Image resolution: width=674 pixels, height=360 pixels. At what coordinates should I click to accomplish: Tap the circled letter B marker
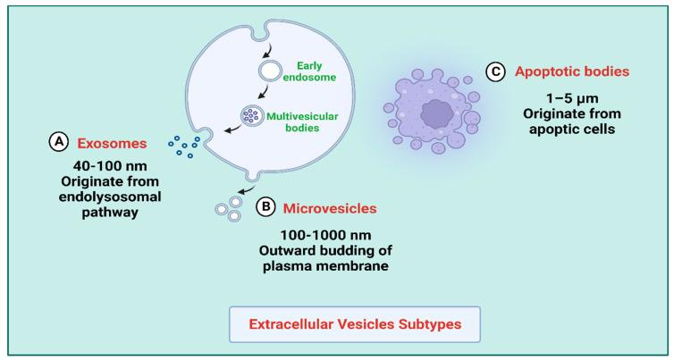265,207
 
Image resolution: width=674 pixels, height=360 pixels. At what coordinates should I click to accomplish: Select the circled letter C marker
494,70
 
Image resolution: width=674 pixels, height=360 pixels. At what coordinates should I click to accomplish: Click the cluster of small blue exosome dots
182,147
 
